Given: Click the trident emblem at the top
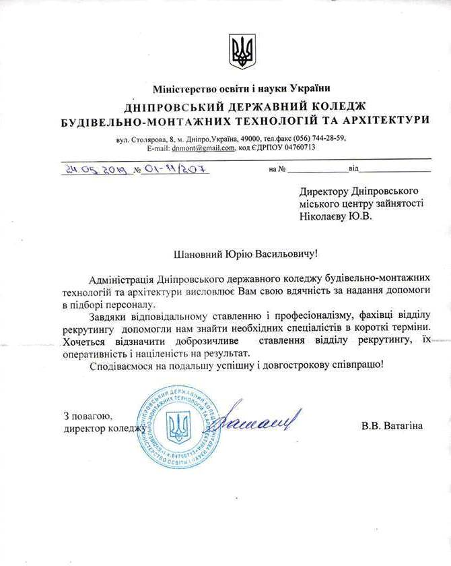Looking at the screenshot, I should pos(242,51).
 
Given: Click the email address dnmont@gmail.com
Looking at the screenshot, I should pos(203,148).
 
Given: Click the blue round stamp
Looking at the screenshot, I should pos(178,429).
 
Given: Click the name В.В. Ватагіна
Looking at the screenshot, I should pos(392,426).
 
